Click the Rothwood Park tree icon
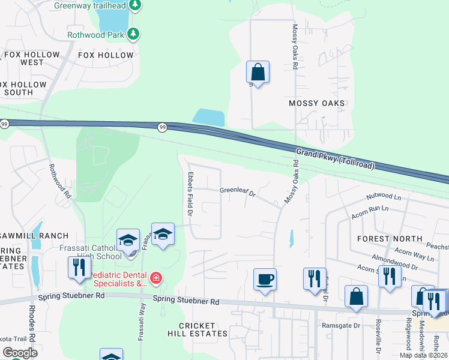[x=134, y=34]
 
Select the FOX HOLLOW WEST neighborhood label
[x=32, y=58]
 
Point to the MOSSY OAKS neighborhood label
[x=317, y=103]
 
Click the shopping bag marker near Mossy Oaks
[x=258, y=73]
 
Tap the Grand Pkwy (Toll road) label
[x=336, y=157]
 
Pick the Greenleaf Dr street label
[x=238, y=193]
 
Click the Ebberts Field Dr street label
[x=190, y=193]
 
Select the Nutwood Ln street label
[x=384, y=197]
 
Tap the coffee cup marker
[x=265, y=280]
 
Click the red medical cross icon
[x=156, y=277]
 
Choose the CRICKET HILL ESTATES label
[x=197, y=329]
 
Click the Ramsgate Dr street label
[x=340, y=325]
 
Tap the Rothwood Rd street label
[x=60, y=182]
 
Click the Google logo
[x=19, y=352]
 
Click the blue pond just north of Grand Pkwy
[x=208, y=117]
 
